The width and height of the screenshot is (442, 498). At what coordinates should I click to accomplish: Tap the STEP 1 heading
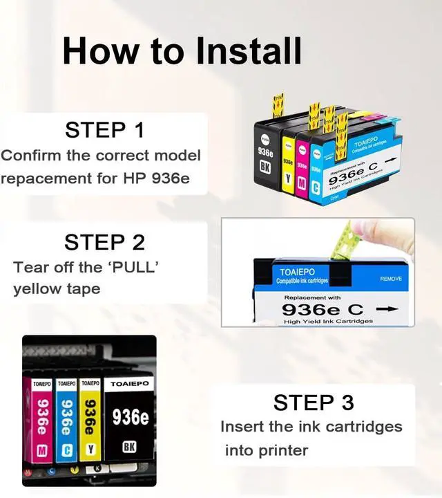coord(105,129)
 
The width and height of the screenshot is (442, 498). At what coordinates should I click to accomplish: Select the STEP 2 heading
coord(105,242)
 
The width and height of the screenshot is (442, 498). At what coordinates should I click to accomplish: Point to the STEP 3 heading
coord(314,402)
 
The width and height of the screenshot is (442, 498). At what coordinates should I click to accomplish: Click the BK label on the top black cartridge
coord(264,167)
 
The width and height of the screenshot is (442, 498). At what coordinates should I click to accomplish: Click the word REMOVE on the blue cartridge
coord(392,279)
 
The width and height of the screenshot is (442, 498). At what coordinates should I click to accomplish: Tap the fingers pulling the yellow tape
coord(387,235)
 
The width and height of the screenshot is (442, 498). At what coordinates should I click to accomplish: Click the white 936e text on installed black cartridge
coord(130,417)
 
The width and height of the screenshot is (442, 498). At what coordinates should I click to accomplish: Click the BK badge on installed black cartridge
coord(128,447)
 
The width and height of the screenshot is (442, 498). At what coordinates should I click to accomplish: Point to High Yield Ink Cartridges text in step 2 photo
coord(329,322)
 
